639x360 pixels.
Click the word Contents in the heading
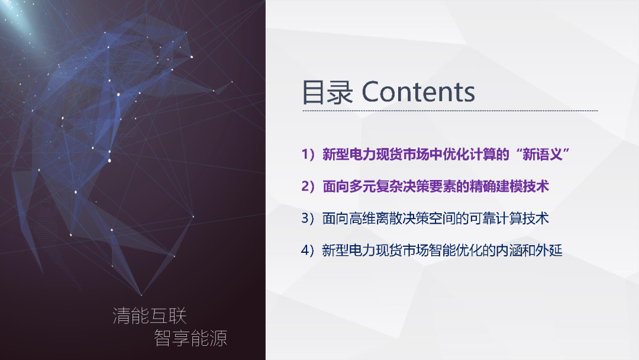click(x=418, y=92)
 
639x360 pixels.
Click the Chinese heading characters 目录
click(x=327, y=93)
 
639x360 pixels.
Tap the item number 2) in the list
click(x=309, y=187)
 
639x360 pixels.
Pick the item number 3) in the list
click(x=309, y=218)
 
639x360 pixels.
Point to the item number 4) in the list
click(x=309, y=250)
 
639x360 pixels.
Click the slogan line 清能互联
click(x=150, y=316)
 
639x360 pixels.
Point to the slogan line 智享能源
click(x=191, y=338)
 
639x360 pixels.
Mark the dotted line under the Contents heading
click(x=450, y=111)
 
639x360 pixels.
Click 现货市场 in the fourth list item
click(x=389, y=250)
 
